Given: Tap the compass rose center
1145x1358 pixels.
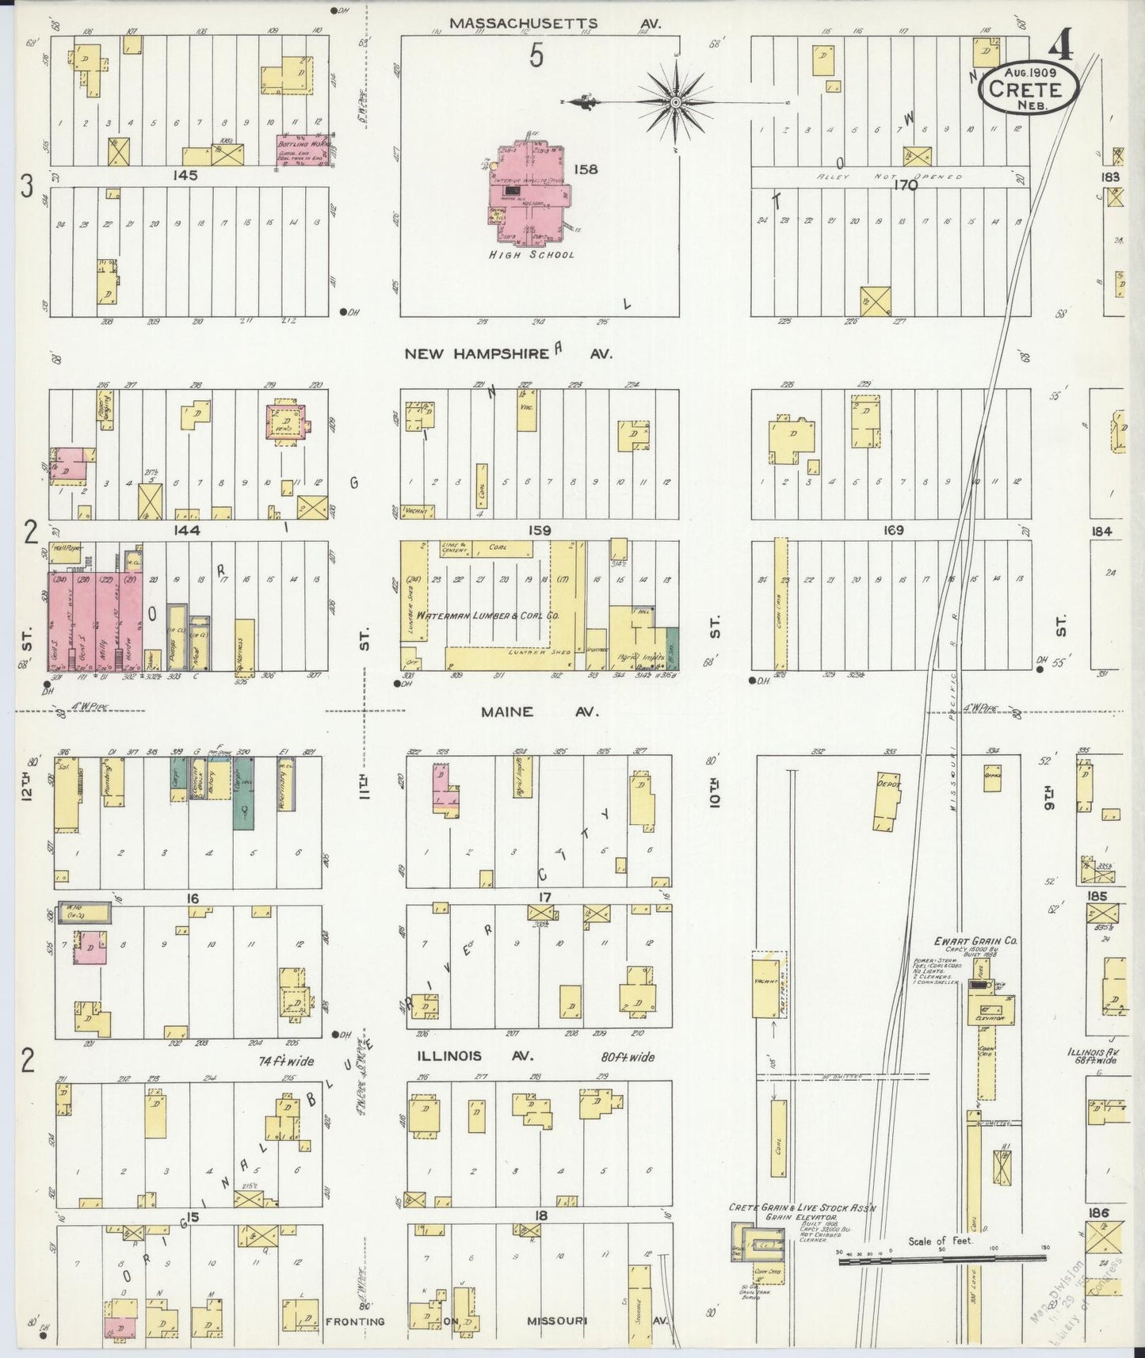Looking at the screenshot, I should coord(675,103).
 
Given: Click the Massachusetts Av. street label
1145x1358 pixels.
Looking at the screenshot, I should coord(555,24).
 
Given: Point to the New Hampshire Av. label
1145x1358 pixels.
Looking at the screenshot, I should coord(508,353).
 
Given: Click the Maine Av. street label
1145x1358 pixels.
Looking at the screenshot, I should coord(538,711).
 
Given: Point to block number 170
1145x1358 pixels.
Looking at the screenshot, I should coord(904,185).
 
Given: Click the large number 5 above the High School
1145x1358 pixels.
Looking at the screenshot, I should coord(536,57).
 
